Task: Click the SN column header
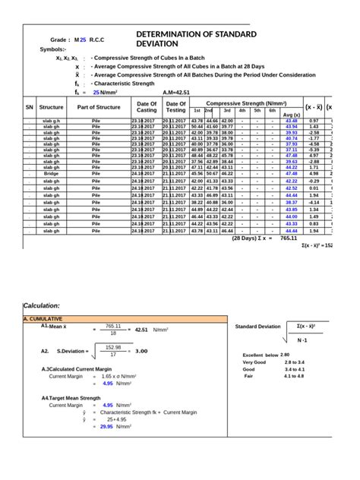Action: click(30, 108)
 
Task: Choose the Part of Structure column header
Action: click(99, 108)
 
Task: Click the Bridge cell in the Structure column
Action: click(52, 174)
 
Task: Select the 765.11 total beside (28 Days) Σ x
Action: click(289, 238)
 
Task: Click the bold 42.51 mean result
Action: click(141, 330)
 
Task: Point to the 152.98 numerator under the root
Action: click(113, 346)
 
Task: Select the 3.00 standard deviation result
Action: click(141, 351)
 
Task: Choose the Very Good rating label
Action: click(254, 362)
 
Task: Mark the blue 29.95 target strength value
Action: click(106, 426)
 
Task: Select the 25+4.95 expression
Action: click(116, 418)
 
